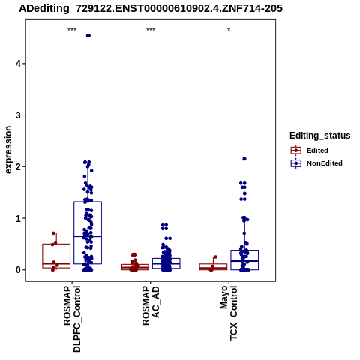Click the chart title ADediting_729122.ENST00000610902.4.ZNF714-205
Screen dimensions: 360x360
[151, 9]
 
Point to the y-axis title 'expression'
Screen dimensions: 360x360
[8, 150]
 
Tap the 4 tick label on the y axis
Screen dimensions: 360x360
[18, 64]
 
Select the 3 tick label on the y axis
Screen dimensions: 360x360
[18, 115]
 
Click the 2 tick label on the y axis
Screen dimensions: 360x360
[18, 166]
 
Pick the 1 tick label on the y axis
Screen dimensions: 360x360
[18, 218]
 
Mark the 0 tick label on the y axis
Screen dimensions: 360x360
[18, 270]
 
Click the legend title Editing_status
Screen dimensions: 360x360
[320, 136]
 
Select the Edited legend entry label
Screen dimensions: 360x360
[317, 151]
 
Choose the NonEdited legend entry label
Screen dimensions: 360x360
[325, 163]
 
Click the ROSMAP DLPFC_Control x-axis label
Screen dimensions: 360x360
[72, 319]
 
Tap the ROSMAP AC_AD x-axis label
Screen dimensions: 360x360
[151, 305]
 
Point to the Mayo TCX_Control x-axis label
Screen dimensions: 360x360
[229, 313]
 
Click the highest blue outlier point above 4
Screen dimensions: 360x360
[88, 36]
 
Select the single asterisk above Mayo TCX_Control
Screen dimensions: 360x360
[229, 30]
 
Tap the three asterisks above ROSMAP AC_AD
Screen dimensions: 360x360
[151, 30]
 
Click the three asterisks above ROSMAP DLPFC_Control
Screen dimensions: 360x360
[72, 30]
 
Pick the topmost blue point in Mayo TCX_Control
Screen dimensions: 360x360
[244, 159]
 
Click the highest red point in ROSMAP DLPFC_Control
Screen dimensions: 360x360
[53, 233]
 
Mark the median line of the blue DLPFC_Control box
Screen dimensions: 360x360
[88, 236]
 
